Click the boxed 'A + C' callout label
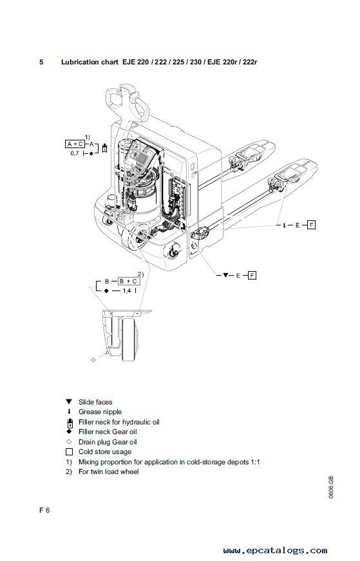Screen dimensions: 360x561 tap(75, 144)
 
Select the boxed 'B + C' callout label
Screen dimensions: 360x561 tap(128, 281)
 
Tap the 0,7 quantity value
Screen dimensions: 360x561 tap(75, 153)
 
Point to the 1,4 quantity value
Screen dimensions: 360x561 tap(127, 291)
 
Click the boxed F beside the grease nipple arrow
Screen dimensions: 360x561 tap(311, 225)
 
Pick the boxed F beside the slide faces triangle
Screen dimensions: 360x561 tap(252, 275)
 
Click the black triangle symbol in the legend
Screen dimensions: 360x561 tap(69, 402)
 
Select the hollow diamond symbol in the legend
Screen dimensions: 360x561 tap(69, 442)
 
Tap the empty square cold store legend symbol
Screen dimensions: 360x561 tap(69, 452)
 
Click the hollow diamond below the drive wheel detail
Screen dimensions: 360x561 tap(93, 359)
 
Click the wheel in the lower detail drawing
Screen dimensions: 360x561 tap(129, 339)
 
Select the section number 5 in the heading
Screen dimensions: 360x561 tap(41, 62)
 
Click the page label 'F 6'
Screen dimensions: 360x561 tap(44, 510)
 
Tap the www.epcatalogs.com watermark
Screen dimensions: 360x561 tap(275, 550)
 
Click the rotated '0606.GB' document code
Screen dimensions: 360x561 tap(330, 488)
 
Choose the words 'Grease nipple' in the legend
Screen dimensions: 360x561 tap(100, 412)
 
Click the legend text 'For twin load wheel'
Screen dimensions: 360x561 tap(108, 471)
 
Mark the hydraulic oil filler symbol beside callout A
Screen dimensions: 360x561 tap(104, 147)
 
